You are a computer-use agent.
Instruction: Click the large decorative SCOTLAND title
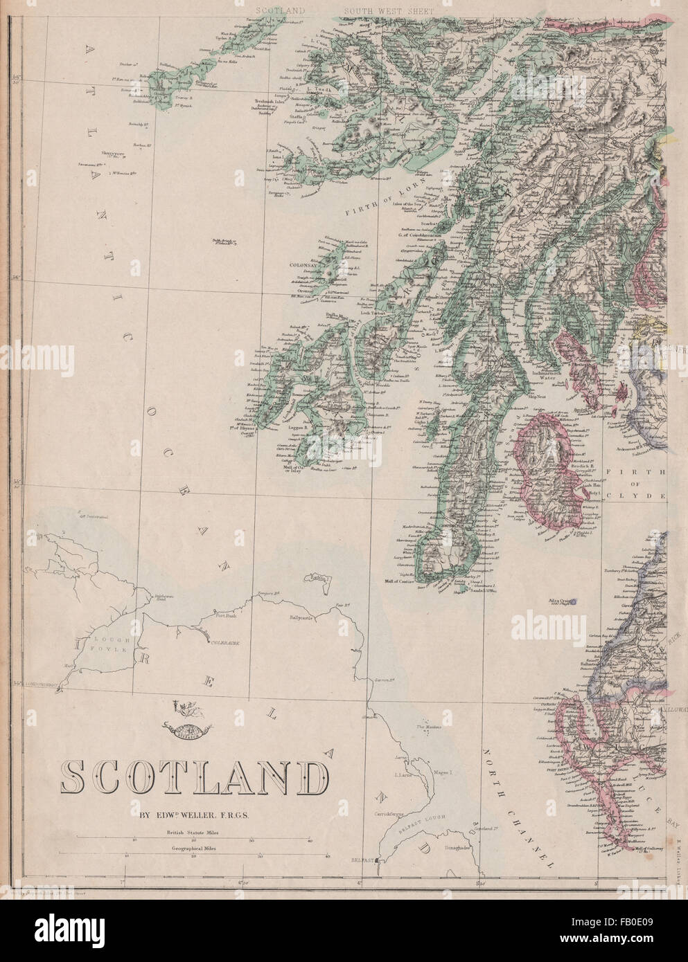pyautogui.click(x=193, y=780)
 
